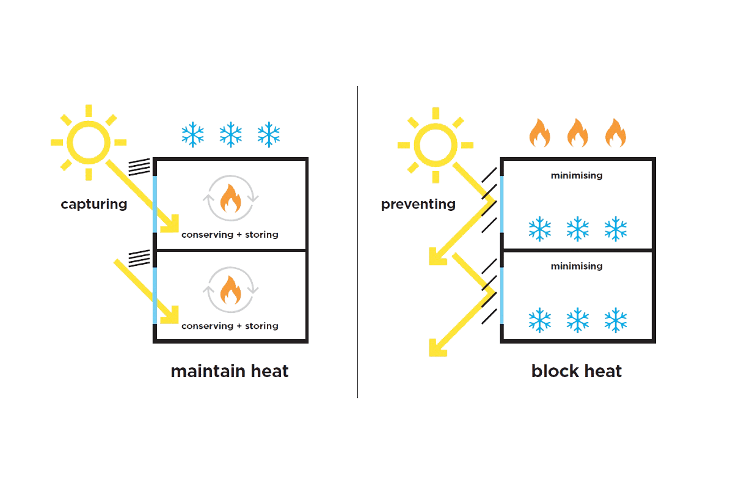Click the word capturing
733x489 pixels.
tap(93, 204)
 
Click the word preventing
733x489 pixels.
tap(418, 204)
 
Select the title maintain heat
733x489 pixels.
tap(229, 371)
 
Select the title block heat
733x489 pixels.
tap(577, 371)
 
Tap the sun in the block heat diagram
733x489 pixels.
tap(435, 145)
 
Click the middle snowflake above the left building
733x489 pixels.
tap(231, 134)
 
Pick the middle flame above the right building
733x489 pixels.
tap(577, 134)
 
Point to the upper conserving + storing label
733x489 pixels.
tap(230, 235)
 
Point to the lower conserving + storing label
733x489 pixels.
tap(230, 326)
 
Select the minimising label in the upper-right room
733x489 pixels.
tap(577, 176)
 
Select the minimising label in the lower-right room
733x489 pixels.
tap(577, 267)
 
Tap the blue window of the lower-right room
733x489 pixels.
tap(501, 295)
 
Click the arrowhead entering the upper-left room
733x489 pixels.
tap(169, 224)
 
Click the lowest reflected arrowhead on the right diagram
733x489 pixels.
tap(436, 348)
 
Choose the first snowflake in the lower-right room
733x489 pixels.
tap(539, 320)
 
